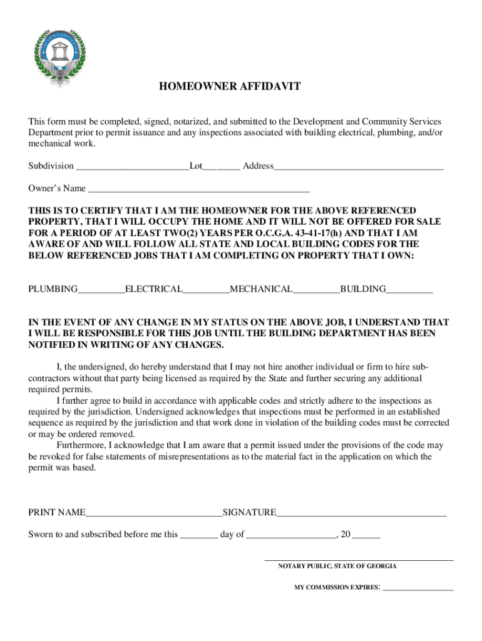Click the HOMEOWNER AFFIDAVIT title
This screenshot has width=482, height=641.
(x=229, y=87)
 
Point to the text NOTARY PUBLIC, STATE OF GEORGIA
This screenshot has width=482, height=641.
(x=337, y=566)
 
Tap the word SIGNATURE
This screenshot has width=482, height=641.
(x=249, y=513)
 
